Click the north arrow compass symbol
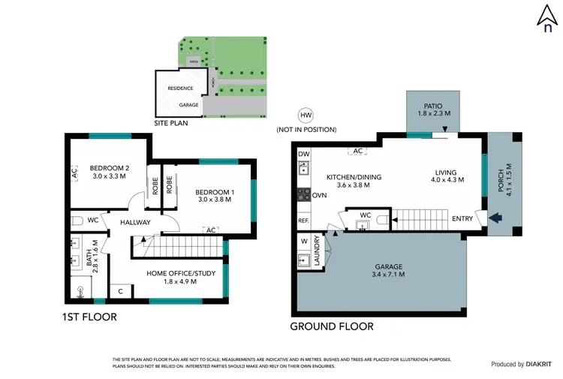547,17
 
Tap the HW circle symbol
305,116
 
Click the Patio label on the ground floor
433,109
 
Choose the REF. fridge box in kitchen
303,221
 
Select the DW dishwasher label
303,155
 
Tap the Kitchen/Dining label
354,181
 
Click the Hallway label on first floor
134,222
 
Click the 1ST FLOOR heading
90,317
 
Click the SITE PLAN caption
170,123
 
